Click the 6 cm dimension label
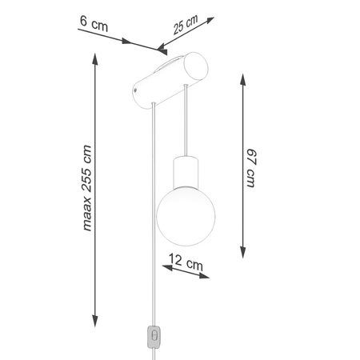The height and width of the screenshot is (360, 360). [x=94, y=24]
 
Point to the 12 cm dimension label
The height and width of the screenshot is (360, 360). [x=188, y=261]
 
